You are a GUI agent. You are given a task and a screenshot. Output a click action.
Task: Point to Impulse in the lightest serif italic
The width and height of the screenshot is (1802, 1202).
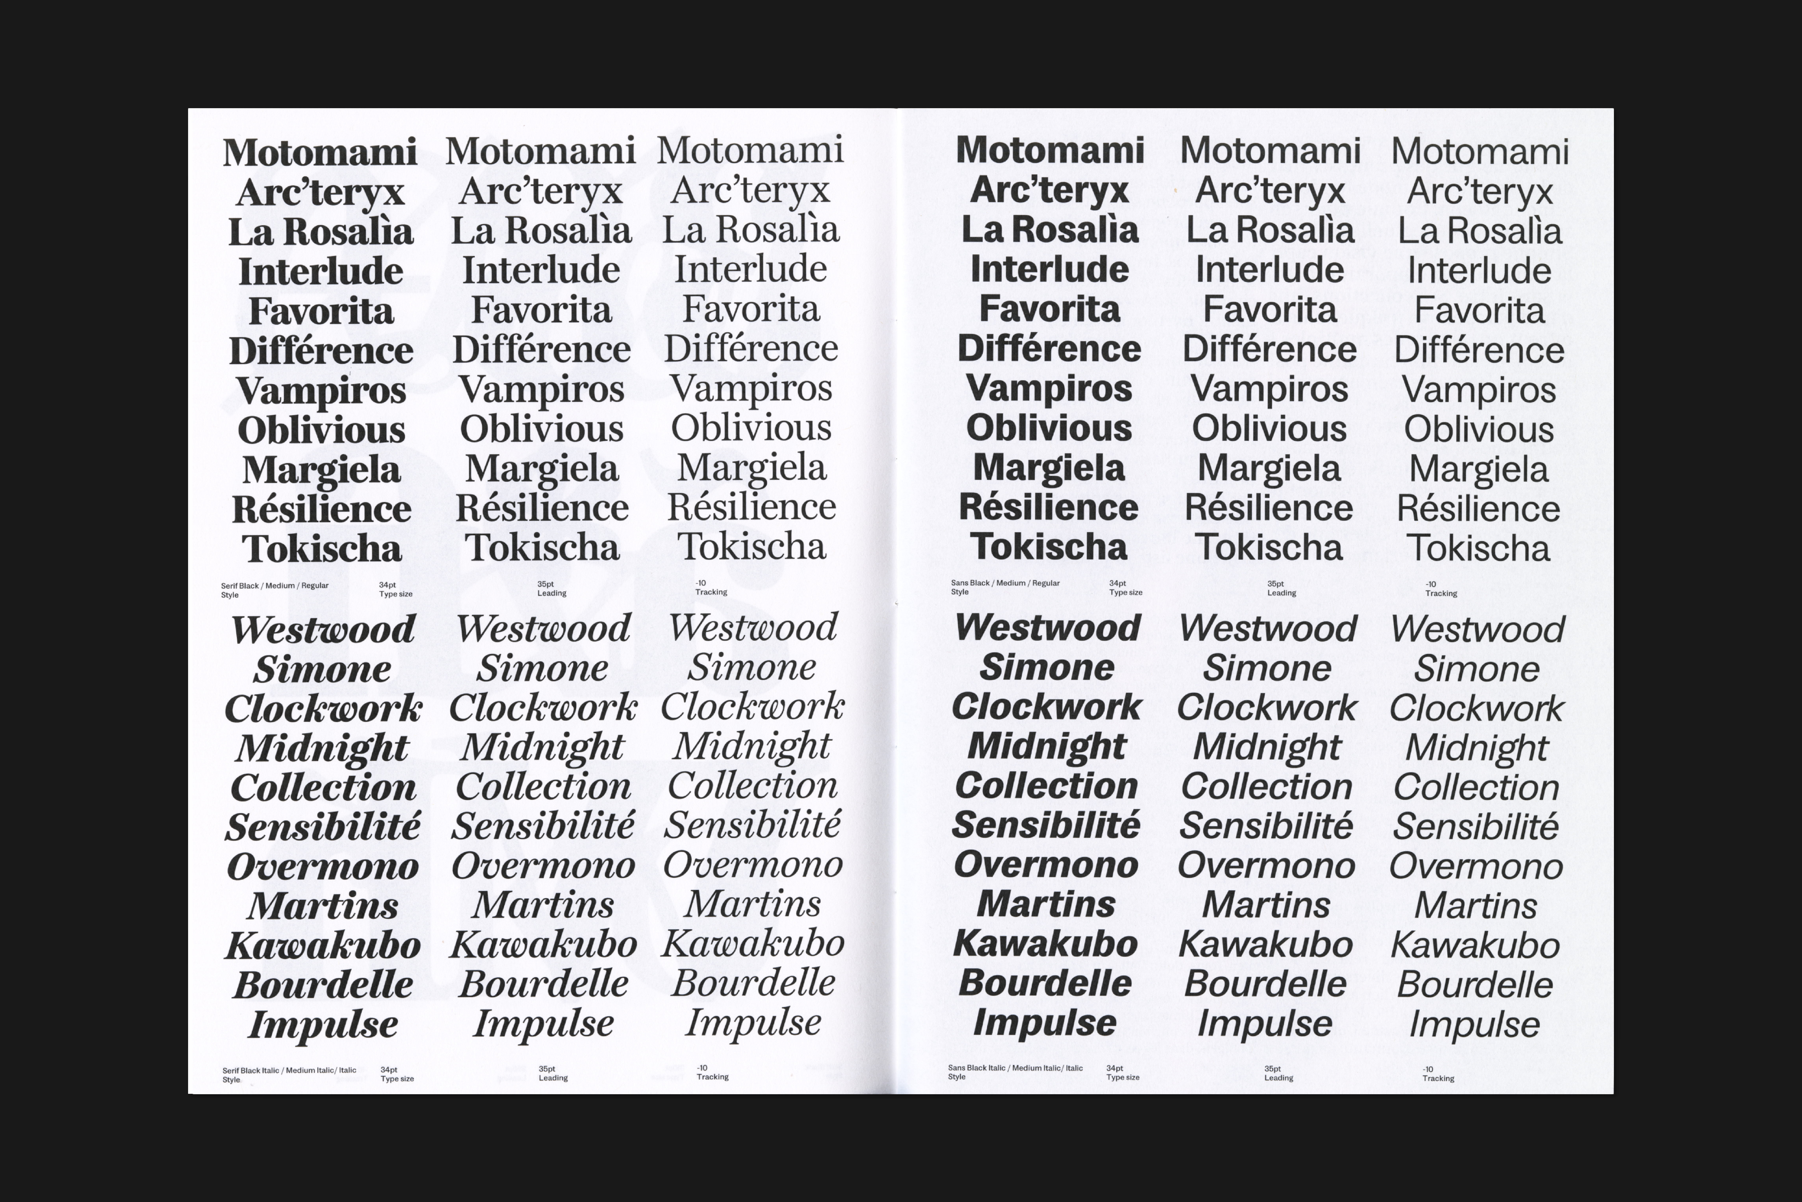coord(753,1023)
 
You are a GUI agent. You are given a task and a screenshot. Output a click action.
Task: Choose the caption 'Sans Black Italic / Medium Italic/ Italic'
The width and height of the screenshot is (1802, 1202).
coord(1015,1068)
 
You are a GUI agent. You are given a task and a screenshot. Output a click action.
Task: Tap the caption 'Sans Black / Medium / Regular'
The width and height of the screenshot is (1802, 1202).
coord(1005,583)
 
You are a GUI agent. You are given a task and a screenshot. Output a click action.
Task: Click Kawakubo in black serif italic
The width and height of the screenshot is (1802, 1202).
coord(323,945)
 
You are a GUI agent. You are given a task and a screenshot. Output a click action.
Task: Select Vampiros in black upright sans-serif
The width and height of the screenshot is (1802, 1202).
coord(1049,388)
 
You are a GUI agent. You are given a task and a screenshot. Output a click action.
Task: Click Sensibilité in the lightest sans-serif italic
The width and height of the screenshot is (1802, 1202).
coord(1476,826)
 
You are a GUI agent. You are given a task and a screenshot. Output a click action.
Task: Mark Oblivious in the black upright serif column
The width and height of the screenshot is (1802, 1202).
coord(321,430)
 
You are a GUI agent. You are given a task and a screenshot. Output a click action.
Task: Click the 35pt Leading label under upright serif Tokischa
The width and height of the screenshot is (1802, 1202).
coord(551,589)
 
